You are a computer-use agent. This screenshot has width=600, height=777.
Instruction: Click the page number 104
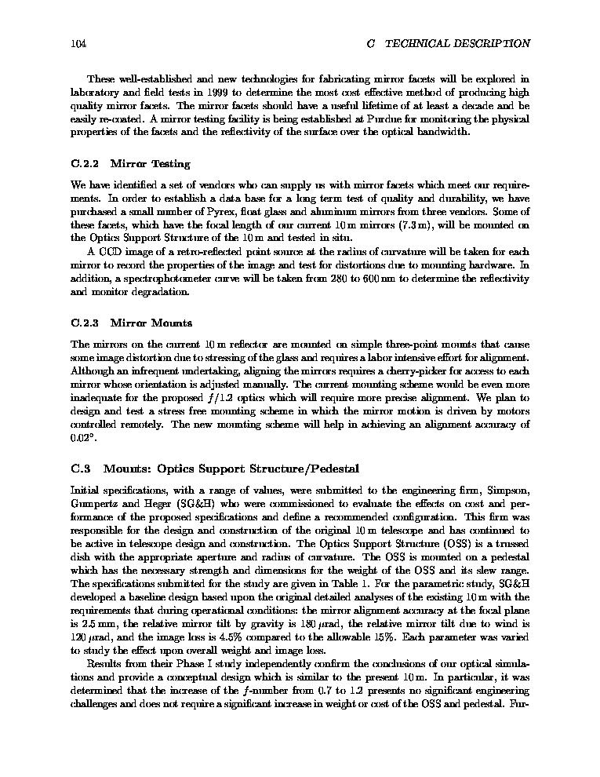point(78,44)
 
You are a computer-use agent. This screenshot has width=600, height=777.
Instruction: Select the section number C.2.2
point(84,164)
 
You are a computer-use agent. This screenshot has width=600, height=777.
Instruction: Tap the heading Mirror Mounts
point(151,323)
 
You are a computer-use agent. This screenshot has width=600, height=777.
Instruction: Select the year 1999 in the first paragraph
point(206,92)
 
